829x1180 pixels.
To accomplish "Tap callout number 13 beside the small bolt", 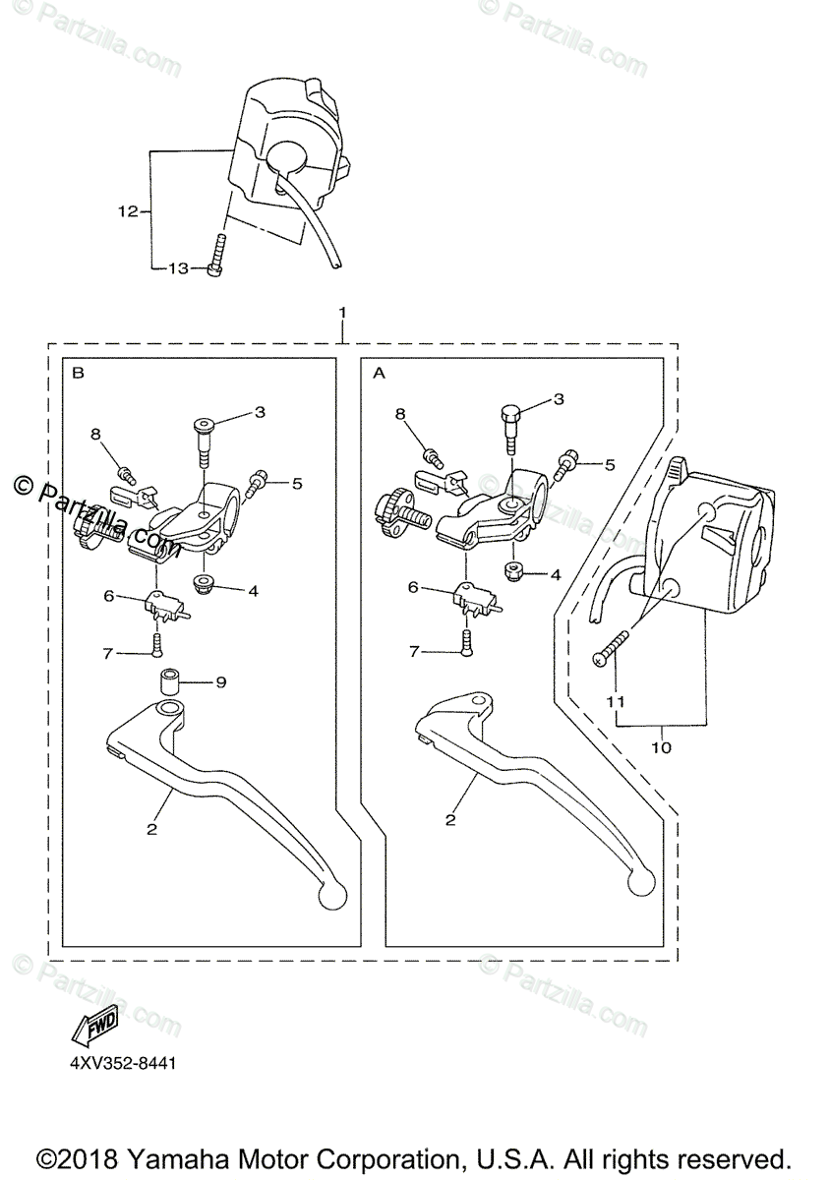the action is click(x=177, y=268).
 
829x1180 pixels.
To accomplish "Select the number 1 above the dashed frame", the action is click(x=341, y=312).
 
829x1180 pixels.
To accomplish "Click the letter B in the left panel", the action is click(x=79, y=374).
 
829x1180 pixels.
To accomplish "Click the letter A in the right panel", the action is click(x=379, y=374).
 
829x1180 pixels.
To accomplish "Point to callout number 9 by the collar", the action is click(x=220, y=681).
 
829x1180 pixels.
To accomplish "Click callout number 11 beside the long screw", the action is click(x=616, y=703).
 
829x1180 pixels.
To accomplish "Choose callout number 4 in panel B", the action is click(x=253, y=592).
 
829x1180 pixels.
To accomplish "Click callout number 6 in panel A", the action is click(x=413, y=586).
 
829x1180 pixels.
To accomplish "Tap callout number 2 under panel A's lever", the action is click(x=449, y=818).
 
